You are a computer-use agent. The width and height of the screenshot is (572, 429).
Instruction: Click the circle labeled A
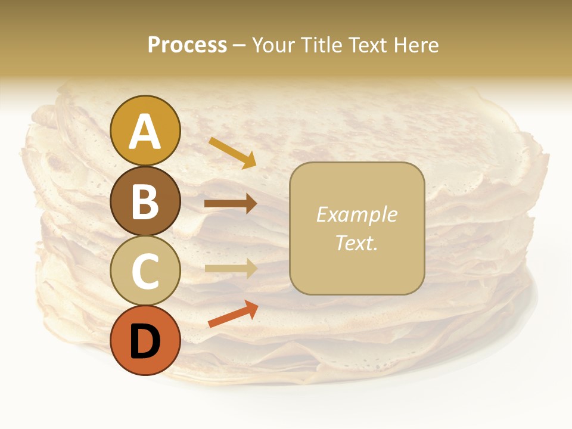(x=145, y=130)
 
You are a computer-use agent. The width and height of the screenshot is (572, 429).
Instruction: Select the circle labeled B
(x=145, y=201)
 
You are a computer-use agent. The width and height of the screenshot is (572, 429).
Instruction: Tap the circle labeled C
(x=145, y=271)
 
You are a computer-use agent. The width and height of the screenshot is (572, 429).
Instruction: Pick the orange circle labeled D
(x=145, y=341)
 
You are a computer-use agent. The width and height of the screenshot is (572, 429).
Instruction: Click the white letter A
(x=145, y=132)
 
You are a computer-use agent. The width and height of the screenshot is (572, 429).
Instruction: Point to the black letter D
(x=145, y=343)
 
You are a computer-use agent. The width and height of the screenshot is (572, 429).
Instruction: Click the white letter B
(x=145, y=202)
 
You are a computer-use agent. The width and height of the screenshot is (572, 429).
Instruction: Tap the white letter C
(x=145, y=272)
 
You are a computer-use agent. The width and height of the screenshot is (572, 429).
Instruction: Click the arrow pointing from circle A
(x=232, y=153)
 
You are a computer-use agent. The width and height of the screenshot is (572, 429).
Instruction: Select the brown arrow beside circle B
(x=231, y=204)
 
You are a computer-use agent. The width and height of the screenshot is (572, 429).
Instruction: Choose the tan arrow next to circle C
(x=231, y=268)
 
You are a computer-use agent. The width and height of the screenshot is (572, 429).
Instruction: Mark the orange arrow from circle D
(x=233, y=314)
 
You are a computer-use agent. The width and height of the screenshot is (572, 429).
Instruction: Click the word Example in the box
(x=356, y=214)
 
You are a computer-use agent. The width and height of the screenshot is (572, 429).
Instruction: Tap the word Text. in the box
(x=356, y=243)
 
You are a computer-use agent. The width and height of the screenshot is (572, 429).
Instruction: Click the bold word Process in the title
(x=187, y=45)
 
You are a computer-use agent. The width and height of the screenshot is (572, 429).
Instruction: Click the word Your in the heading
(x=274, y=45)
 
